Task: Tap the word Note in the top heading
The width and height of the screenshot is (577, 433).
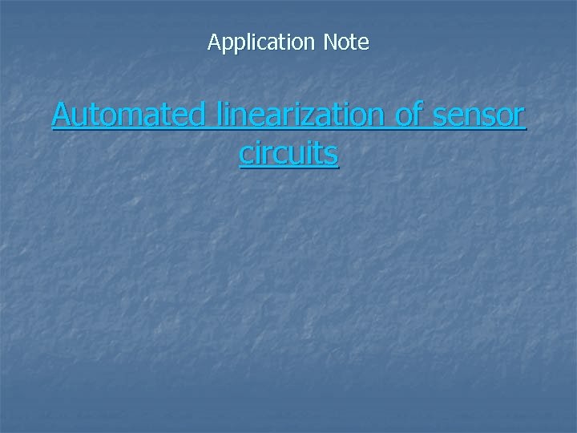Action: point(346,42)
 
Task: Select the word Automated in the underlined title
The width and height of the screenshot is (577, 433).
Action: point(128,115)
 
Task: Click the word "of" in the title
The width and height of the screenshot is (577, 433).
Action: point(409,115)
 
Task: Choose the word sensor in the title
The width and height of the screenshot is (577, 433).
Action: point(479,115)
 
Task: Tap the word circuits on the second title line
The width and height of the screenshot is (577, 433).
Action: point(288,153)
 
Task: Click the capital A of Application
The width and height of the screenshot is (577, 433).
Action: point(214,42)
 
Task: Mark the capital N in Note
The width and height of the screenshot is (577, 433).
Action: point(330,42)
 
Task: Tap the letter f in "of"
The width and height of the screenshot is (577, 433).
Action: point(418,115)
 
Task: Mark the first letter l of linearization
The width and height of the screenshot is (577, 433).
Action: point(217,115)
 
